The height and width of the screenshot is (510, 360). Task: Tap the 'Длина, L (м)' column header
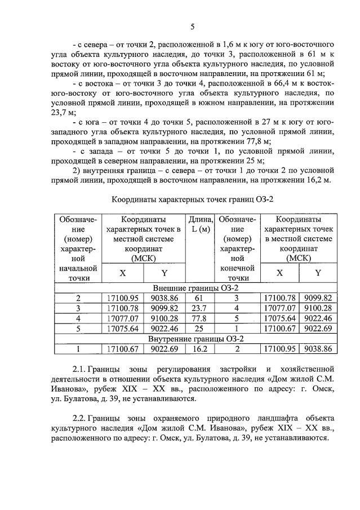click(201, 224)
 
